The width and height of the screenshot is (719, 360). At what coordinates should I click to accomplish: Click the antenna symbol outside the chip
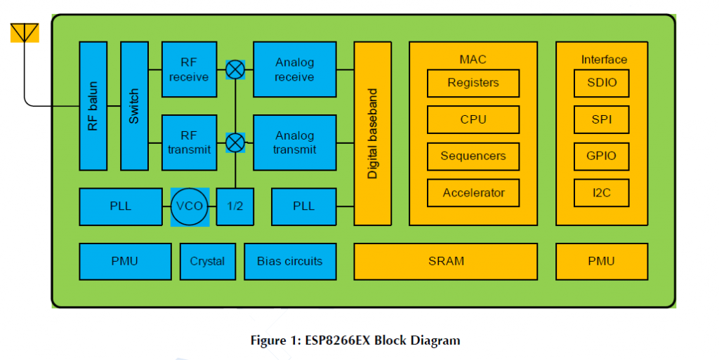click(x=25, y=33)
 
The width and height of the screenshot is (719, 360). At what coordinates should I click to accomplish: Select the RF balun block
click(x=93, y=106)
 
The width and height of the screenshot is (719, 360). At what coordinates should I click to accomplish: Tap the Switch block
click(x=134, y=106)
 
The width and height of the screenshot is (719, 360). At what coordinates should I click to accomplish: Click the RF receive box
click(x=190, y=69)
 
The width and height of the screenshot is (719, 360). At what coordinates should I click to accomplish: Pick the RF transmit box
click(x=190, y=142)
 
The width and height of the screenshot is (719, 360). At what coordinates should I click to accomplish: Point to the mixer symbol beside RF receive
click(x=235, y=69)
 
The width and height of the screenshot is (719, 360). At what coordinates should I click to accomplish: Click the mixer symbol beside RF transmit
click(x=235, y=143)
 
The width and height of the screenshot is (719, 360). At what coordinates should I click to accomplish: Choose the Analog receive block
click(x=295, y=69)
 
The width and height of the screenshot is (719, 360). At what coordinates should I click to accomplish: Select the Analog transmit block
click(x=295, y=142)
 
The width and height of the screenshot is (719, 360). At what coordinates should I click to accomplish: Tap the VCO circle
click(x=190, y=206)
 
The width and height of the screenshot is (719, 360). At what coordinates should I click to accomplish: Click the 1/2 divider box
click(x=235, y=206)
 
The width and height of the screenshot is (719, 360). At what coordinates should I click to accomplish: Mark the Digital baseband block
click(x=372, y=133)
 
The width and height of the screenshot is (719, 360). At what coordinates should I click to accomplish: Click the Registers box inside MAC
click(x=473, y=83)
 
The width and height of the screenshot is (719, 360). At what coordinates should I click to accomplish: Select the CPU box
click(x=473, y=119)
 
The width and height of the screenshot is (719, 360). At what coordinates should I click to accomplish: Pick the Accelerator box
click(x=473, y=193)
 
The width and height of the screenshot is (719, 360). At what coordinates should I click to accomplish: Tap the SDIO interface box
click(x=602, y=83)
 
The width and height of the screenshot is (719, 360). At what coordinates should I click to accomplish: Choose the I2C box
click(x=602, y=193)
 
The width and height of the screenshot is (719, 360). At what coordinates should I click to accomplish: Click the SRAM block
click(x=446, y=262)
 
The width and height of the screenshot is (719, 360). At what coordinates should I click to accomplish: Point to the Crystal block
click(x=208, y=262)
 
